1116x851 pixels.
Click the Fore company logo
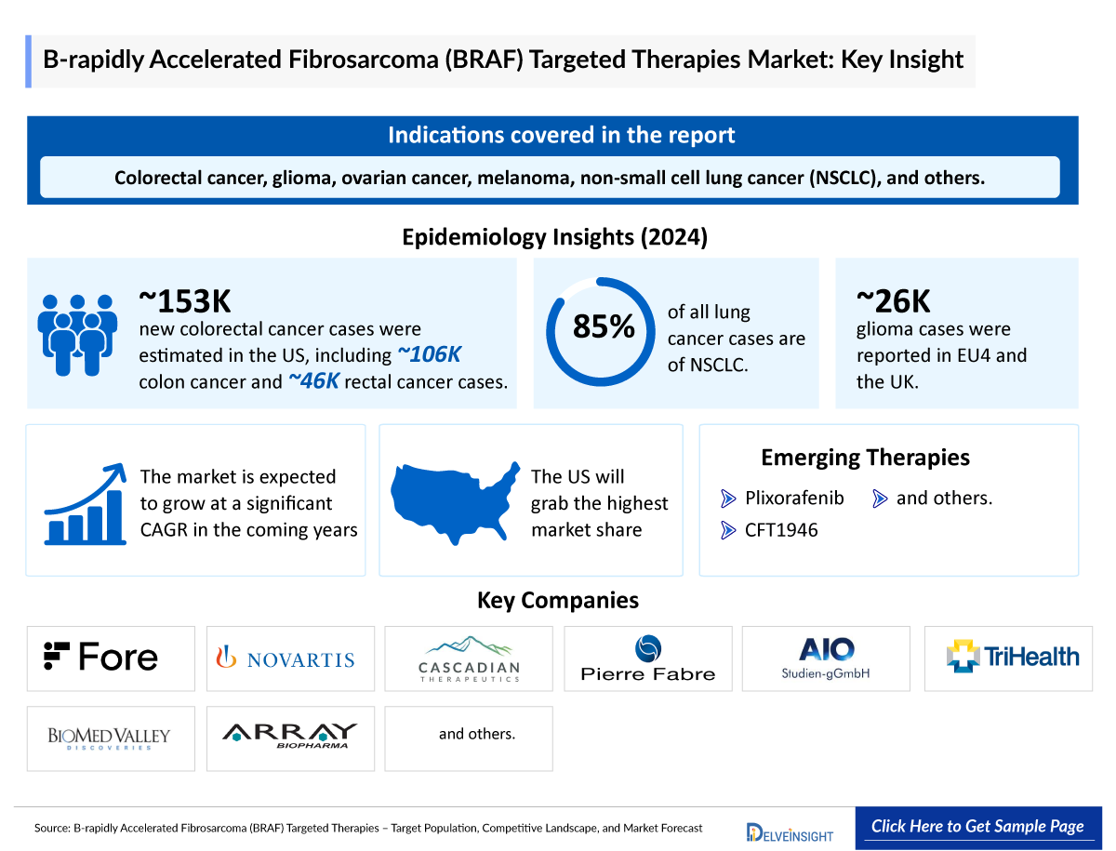coord(101,658)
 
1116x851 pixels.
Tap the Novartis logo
coord(286,658)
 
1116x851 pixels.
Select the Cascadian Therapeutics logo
coord(469,658)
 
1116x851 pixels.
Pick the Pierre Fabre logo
coord(648,658)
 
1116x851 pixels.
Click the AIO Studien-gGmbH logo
coord(826,658)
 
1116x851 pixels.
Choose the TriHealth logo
coord(1013,657)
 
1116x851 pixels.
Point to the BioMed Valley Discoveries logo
coord(110,738)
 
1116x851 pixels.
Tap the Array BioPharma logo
coord(289,736)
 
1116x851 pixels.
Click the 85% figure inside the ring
coord(604,326)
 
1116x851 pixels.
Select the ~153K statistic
coord(184,300)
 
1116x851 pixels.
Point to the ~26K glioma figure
coord(893,300)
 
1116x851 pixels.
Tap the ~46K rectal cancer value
coord(313,381)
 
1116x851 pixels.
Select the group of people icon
coord(77,332)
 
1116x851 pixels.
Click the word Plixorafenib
coord(794,498)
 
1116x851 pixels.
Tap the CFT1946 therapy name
coord(781,531)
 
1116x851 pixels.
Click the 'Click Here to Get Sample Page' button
coord(977,826)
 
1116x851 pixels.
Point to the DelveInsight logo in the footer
coord(790,831)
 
